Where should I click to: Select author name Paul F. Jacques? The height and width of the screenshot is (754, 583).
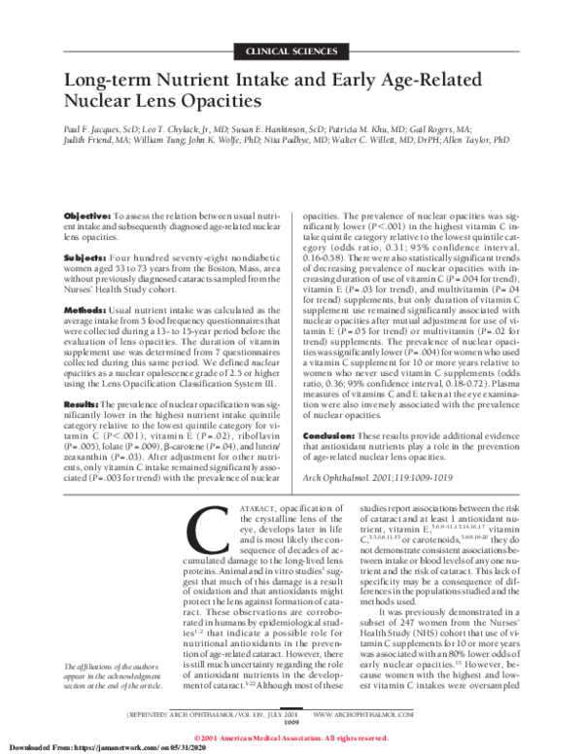pyautogui.click(x=93, y=126)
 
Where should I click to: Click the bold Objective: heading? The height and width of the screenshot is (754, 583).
pyautogui.click(x=86, y=213)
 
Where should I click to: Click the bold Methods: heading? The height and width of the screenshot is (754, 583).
pyautogui.click(x=86, y=308)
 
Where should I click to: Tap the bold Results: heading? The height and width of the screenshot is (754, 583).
pyautogui.click(x=84, y=403)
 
